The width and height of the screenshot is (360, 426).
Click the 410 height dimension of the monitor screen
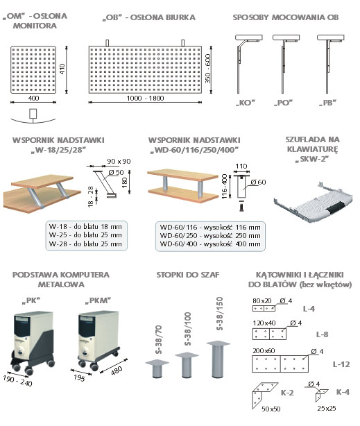pos(62,69)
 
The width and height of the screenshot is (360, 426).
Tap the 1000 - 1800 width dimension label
pos(146,98)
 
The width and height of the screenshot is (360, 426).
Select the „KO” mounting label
pos(246,103)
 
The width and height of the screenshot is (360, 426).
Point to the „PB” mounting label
pos(327,103)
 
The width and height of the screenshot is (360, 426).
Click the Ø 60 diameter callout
pos(258,182)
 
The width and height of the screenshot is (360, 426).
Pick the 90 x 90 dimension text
pos(119,161)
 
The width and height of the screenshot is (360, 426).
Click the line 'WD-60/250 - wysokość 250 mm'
pos(210,236)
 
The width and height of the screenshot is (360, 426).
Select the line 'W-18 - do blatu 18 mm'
pos(85,226)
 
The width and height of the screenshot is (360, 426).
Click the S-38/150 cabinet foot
pos(218,359)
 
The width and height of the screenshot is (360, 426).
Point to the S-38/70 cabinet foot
pos(157,368)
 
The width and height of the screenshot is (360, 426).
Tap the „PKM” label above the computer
pos(98,300)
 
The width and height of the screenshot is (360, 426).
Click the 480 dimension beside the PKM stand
pos(117,370)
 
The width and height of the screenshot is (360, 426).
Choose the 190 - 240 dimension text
pos(17,380)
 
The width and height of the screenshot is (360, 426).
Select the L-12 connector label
pos(341,364)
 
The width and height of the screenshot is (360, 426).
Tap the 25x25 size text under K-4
pos(326,408)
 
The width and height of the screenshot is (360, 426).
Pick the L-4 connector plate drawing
pos(264,308)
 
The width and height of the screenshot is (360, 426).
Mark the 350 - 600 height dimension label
pos(207,69)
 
